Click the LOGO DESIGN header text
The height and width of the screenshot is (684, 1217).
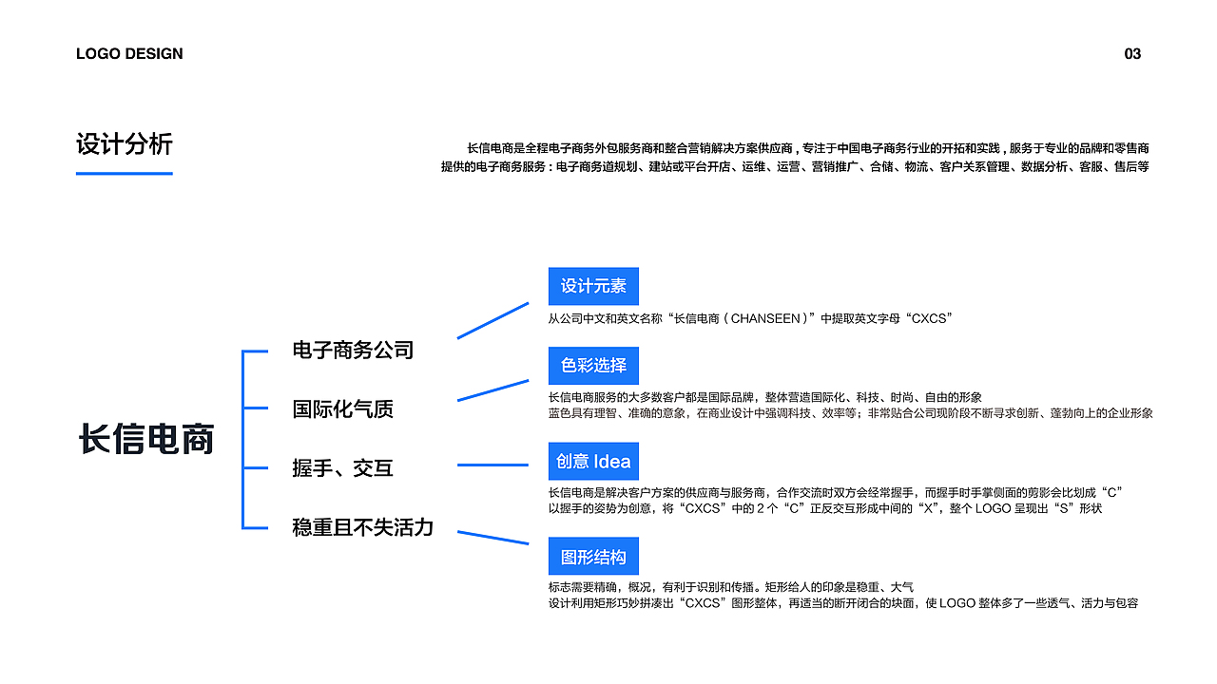(x=129, y=54)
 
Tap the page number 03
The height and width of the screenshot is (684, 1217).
(x=1132, y=54)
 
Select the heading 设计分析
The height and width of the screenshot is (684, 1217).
(x=125, y=144)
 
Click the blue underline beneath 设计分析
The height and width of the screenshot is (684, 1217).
(x=125, y=174)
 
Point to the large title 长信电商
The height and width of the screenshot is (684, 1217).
(x=146, y=439)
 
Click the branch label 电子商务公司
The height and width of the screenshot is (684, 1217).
(x=353, y=351)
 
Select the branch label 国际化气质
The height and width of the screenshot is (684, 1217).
(x=343, y=408)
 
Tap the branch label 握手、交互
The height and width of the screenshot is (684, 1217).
(x=343, y=468)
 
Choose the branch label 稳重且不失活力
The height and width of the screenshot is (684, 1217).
(x=363, y=527)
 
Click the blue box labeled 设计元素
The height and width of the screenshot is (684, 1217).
(x=593, y=286)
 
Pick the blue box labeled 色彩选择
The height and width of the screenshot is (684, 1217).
(x=593, y=366)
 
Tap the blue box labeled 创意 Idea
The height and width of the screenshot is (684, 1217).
(x=593, y=462)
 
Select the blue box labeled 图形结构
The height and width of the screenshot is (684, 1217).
(x=593, y=557)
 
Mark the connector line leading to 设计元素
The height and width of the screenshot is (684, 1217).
(x=493, y=320)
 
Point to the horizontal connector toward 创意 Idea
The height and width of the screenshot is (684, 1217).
(x=493, y=465)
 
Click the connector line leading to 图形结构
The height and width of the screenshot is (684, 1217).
(x=493, y=538)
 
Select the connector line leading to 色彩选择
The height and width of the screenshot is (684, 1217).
(x=493, y=390)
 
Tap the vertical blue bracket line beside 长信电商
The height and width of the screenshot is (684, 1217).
(x=243, y=440)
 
